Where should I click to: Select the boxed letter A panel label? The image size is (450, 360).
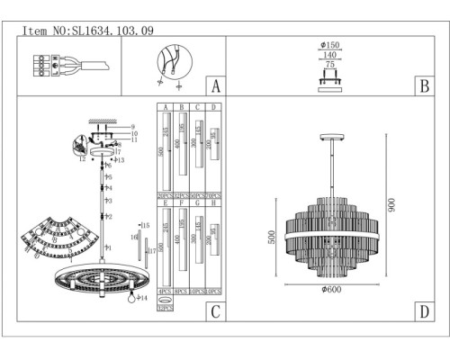[214, 87]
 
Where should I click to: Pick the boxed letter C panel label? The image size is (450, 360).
[214, 312]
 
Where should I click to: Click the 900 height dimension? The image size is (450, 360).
[391, 205]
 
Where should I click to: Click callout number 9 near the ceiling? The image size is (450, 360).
[131, 127]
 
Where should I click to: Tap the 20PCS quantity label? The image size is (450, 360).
[165, 194]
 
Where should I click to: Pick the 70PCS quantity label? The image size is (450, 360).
[212, 194]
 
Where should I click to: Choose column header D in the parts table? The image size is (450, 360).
[212, 108]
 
